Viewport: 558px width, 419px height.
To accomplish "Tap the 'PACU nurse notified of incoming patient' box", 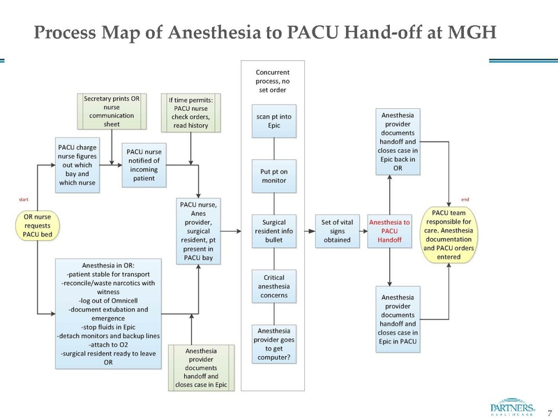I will point(143,165).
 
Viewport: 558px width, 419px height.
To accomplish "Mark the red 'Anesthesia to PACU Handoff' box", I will point(389,230).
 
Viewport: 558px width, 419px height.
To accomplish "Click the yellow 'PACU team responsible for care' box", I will point(450,235).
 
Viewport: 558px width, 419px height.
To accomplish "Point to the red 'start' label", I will point(22,200).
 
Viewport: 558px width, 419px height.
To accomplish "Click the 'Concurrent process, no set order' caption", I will point(273,81).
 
